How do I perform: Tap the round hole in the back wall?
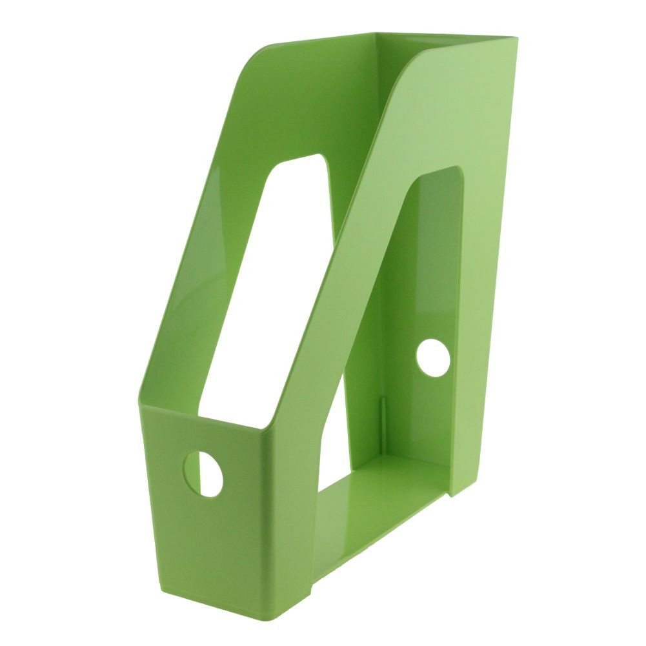pos(432,359)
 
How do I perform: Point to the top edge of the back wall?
pos(445,36)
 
